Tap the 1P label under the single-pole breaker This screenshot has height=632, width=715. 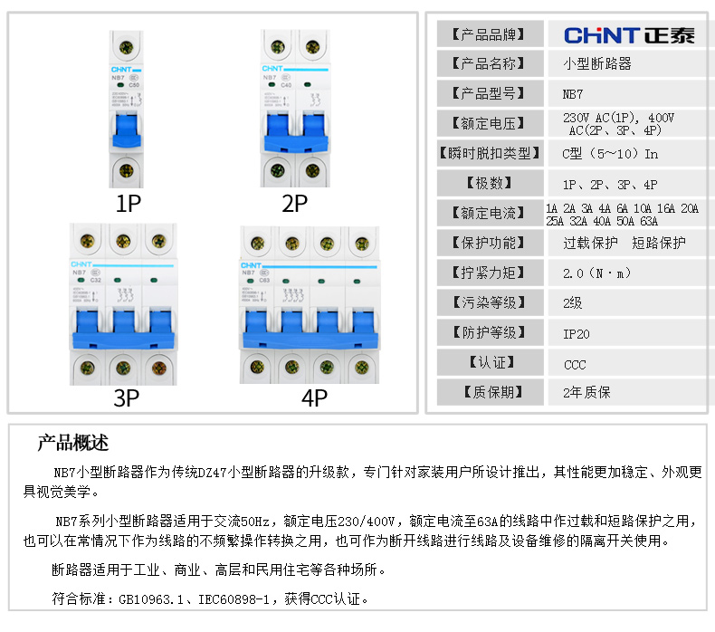click(x=129, y=203)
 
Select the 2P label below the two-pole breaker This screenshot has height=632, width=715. click(x=295, y=203)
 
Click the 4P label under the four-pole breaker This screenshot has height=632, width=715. click(x=313, y=398)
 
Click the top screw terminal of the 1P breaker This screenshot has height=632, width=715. click(x=128, y=48)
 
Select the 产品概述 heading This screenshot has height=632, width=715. click(x=72, y=443)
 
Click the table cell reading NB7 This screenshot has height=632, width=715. click(x=573, y=93)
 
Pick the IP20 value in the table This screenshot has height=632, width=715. click(x=576, y=334)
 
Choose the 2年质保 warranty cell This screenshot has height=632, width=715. click(x=586, y=393)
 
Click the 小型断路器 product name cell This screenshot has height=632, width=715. click(x=596, y=64)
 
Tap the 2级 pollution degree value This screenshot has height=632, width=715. click(x=572, y=304)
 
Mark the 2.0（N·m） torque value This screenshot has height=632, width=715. click(x=596, y=273)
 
